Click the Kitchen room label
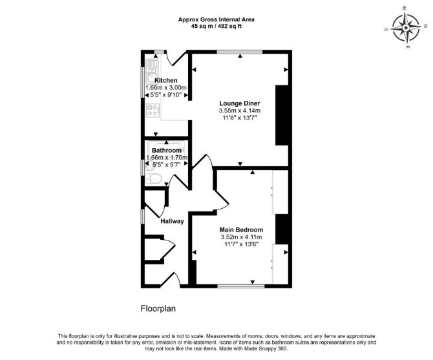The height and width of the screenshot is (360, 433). point(165,80)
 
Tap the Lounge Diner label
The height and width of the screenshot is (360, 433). point(240,103)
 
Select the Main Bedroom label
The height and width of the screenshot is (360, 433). point(241,229)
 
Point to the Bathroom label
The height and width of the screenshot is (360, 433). point(167,151)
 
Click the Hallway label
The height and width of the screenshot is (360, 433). point(172,221)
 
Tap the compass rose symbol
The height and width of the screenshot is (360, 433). point(406,28)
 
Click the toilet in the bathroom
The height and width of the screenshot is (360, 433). point(153,178)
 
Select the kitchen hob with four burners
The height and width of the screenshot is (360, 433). point(153,110)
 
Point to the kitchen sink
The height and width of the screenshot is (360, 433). point(151,71)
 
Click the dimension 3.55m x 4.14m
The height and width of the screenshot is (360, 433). point(240,111)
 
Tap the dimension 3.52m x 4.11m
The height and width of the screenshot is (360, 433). point(241,237)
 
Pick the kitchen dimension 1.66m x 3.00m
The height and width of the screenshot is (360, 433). point(166,88)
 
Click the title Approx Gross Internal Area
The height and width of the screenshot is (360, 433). point(216,19)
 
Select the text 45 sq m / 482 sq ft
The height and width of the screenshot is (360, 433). point(216,26)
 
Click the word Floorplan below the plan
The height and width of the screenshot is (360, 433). point(158,308)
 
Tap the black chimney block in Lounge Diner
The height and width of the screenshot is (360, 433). point(282,115)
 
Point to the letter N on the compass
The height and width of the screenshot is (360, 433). point(425,26)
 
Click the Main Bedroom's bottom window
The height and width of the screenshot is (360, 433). point(241,286)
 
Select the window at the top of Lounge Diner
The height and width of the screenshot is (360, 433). point(239,52)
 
